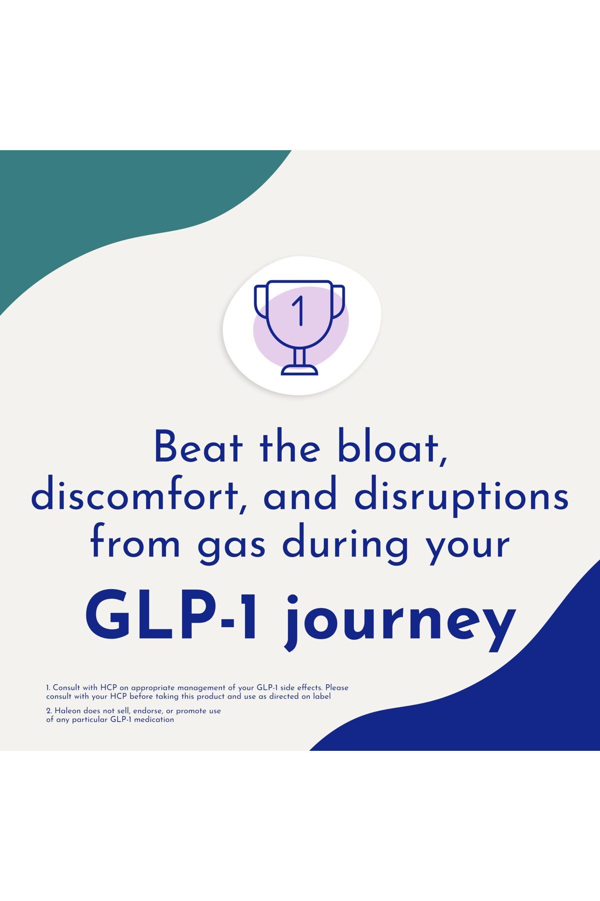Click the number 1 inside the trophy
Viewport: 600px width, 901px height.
coord(299,310)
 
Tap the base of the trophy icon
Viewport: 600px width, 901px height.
coord(299,370)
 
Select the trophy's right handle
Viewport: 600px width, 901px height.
coord(338,300)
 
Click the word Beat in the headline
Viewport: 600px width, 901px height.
coord(199,446)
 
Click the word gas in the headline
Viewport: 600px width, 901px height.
coord(231,547)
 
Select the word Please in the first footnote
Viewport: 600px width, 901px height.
coord(336,688)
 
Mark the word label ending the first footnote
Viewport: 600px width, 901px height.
coord(322,696)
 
